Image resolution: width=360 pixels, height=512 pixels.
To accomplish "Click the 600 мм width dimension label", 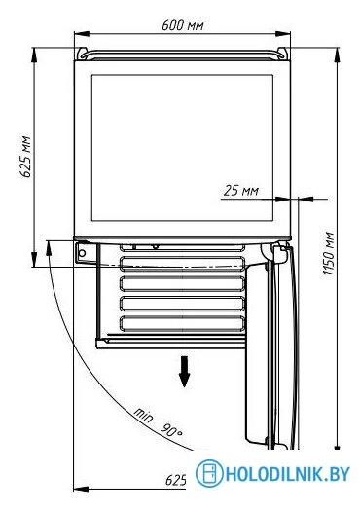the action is (x=183, y=25).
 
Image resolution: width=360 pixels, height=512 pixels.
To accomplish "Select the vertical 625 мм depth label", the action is (x=25, y=157).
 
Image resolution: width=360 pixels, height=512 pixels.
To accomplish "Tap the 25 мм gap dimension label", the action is (x=241, y=191).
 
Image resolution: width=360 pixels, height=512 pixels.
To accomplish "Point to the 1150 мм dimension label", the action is (x=328, y=253).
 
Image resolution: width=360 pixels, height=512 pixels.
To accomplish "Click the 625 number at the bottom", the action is (x=176, y=480).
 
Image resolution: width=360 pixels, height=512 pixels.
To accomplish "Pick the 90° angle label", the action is (x=171, y=430).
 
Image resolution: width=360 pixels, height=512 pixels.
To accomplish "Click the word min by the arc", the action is (x=143, y=415).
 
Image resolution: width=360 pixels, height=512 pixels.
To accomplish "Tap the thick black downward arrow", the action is (x=185, y=372).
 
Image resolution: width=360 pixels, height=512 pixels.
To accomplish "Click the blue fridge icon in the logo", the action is (x=209, y=473).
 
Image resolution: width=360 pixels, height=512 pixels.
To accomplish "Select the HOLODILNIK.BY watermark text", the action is (x=288, y=474).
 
